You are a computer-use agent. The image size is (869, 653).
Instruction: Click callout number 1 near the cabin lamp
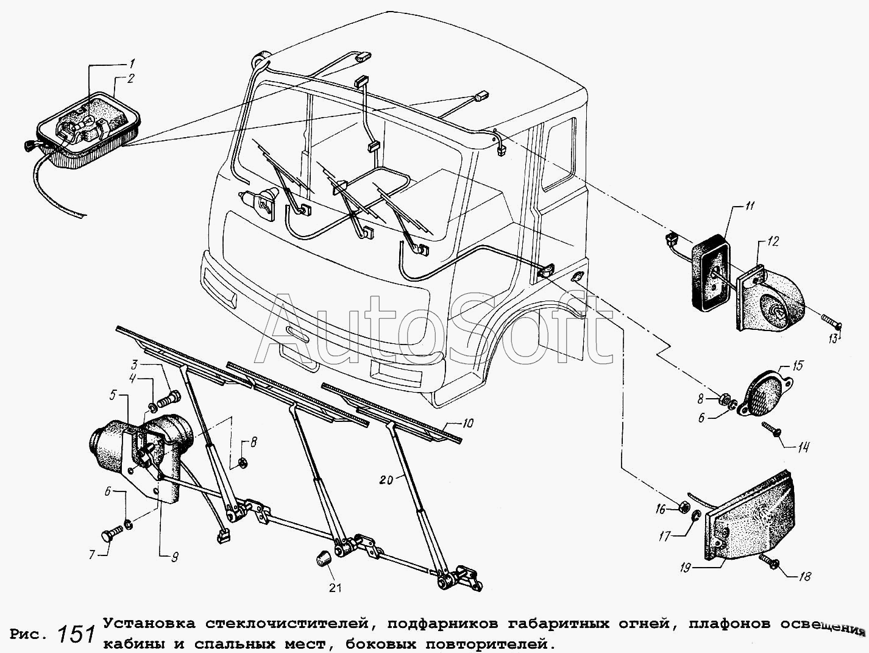(x=132, y=63)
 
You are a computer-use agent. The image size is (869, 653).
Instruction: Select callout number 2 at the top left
(x=130, y=79)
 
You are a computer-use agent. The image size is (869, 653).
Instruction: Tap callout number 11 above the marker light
(x=750, y=206)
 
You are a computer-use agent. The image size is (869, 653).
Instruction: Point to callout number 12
(x=774, y=241)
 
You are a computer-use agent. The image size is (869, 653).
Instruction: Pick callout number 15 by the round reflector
(x=798, y=365)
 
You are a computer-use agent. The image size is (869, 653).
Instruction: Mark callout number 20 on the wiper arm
(x=386, y=480)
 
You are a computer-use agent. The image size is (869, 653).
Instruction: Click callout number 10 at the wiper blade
(x=467, y=423)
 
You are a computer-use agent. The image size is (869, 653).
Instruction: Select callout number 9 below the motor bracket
(x=174, y=557)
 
